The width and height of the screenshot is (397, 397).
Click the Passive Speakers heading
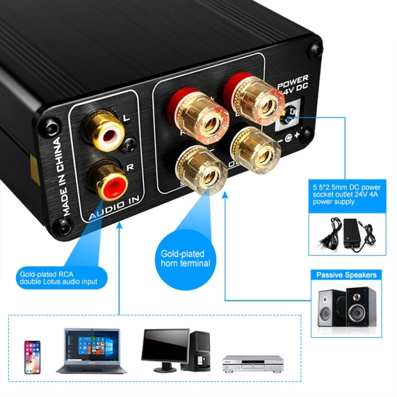[346, 275]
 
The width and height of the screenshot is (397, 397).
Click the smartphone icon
[32, 357]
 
